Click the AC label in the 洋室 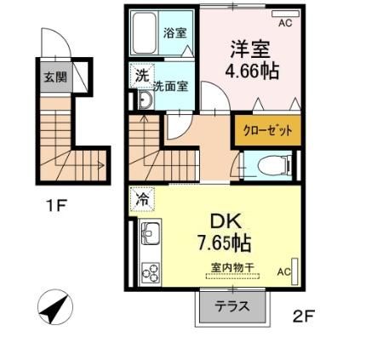click(284, 23)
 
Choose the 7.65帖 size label click(223, 242)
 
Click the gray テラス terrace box click(232, 307)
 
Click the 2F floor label click(304, 317)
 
